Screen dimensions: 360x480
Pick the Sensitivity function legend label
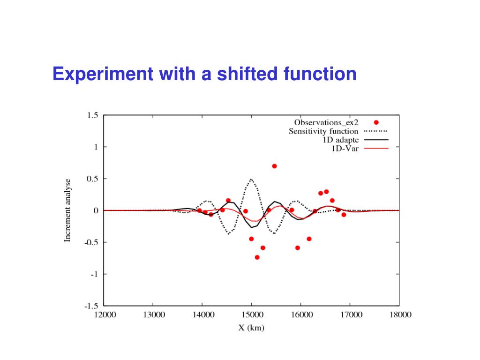click(323, 131)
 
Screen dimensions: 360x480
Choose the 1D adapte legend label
click(341, 140)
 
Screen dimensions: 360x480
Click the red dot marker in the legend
click(376, 122)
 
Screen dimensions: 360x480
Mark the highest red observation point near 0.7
click(274, 166)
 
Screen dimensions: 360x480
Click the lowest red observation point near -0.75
click(257, 257)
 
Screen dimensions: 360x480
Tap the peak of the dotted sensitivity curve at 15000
click(251, 179)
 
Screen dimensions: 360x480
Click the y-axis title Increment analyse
click(68, 210)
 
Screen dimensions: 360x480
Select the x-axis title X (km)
click(251, 328)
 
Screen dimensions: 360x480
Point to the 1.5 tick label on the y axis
click(93, 115)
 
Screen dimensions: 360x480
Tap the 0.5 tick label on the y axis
click(93, 179)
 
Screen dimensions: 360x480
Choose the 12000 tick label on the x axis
click(104, 315)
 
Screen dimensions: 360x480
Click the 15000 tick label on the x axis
click(251, 315)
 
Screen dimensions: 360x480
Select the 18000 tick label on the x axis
click(399, 315)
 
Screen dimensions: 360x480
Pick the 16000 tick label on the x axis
click(301, 315)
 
